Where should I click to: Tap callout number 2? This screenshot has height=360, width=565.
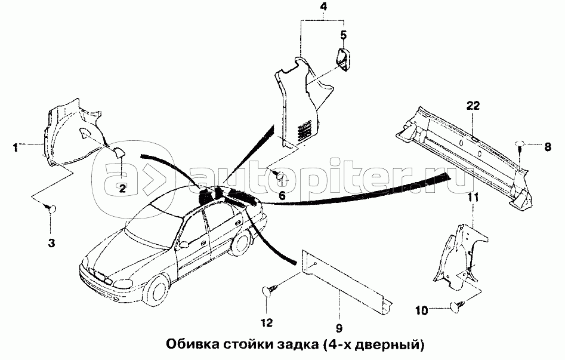pyautogui.click(x=121, y=189)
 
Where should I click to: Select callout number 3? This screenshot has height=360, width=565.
pyautogui.click(x=51, y=242)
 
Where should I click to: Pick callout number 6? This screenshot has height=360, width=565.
pyautogui.click(x=282, y=195)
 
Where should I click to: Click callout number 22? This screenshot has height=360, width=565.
pyautogui.click(x=473, y=106)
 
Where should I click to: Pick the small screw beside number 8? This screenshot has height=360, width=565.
pyautogui.click(x=520, y=144)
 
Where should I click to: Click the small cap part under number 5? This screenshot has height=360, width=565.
pyautogui.click(x=344, y=60)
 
